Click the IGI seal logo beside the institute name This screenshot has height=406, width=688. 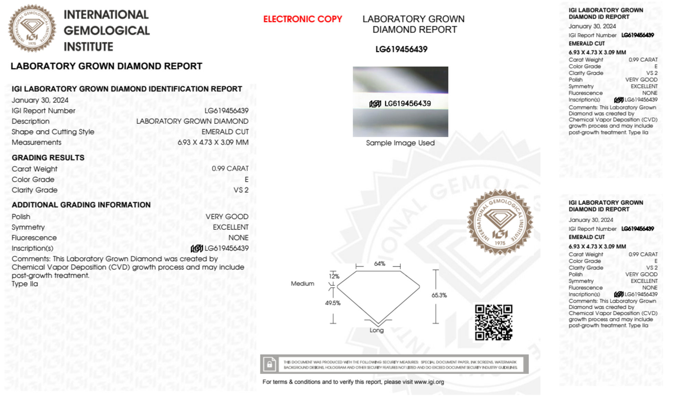click(x=32, y=28)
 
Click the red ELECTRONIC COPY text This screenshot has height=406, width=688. click(x=303, y=19)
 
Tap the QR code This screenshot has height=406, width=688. click(x=493, y=322)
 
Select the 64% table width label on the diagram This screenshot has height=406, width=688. click(x=379, y=264)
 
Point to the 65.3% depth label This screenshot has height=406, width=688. click(x=439, y=295)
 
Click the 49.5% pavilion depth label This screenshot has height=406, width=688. click(x=332, y=303)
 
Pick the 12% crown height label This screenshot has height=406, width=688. click(x=334, y=276)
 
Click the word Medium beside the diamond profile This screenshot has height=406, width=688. click(x=302, y=284)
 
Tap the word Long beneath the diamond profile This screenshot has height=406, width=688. click(x=376, y=330)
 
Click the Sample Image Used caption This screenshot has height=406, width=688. click(x=400, y=143)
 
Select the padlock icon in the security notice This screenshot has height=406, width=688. click(x=270, y=364)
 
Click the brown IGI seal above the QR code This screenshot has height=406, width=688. click(x=500, y=222)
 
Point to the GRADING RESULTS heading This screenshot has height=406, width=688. click(x=48, y=158)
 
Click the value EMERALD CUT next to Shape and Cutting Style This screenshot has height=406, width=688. click(x=225, y=132)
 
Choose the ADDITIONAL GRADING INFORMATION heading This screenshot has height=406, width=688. click(x=81, y=205)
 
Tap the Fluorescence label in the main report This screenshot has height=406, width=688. click(x=34, y=238)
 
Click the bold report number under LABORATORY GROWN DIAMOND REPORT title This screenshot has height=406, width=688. click(x=401, y=50)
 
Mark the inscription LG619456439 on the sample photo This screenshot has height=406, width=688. click(x=407, y=103)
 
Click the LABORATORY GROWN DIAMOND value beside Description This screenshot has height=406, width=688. click(x=192, y=121)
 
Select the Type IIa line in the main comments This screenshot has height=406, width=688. click(x=25, y=284)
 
